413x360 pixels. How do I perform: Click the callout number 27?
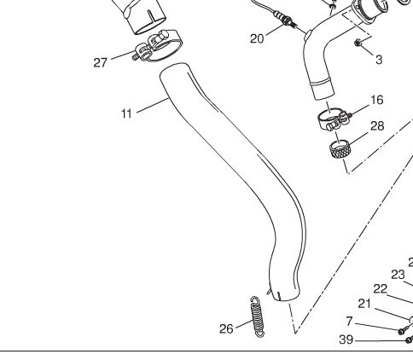[100, 62]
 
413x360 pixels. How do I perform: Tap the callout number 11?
[126, 113]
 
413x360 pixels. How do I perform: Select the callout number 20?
[257, 38]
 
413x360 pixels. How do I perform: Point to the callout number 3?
[379, 60]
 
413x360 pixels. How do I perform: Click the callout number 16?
[377, 100]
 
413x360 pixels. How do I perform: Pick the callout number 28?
[377, 126]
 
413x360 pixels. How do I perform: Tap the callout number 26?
[226, 328]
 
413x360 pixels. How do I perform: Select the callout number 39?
[346, 340]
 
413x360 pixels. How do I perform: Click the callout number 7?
[350, 322]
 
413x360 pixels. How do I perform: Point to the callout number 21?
[364, 304]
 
